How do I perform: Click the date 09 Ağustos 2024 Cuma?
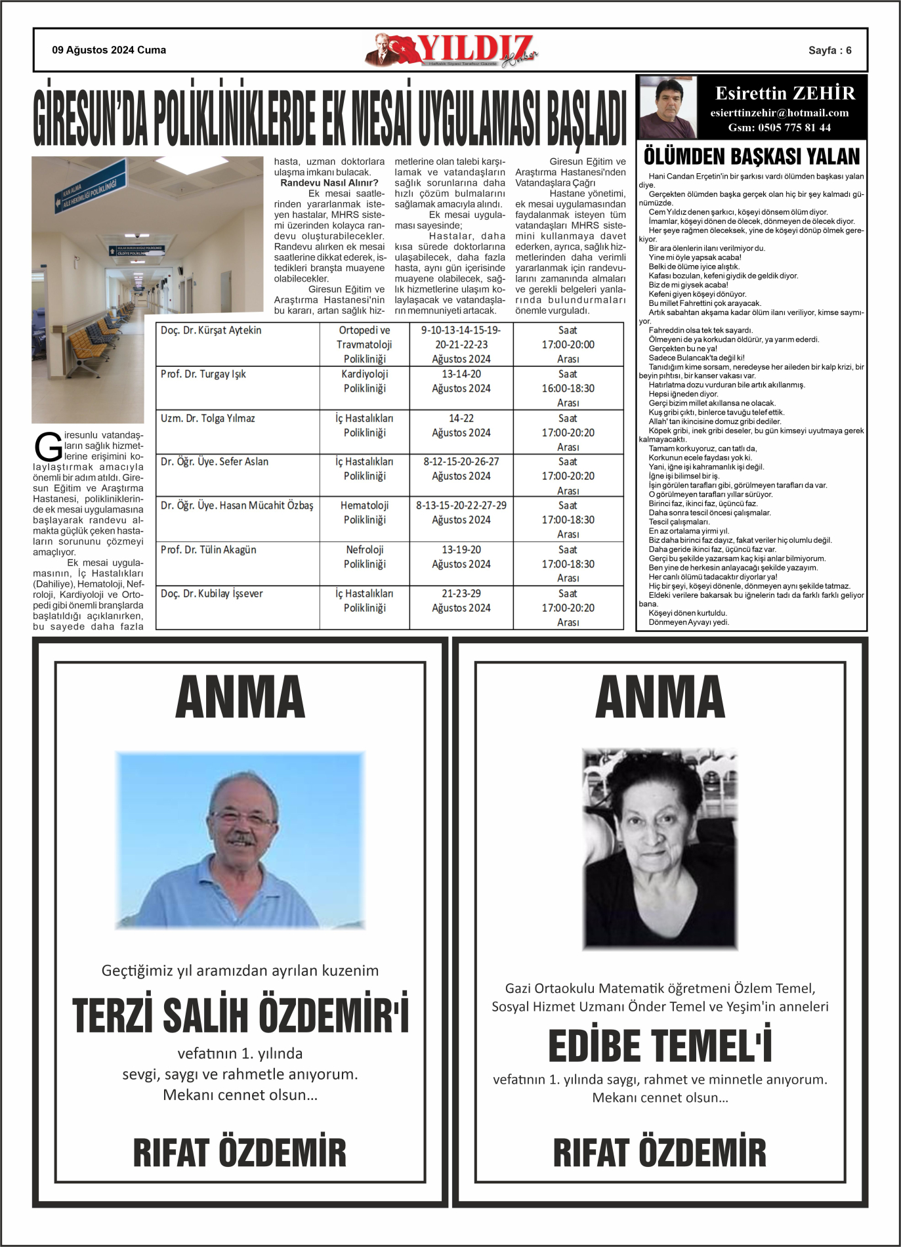click(109, 50)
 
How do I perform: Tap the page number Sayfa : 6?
click(829, 51)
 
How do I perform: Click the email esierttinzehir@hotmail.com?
click(779, 113)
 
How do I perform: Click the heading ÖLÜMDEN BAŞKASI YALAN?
click(751, 157)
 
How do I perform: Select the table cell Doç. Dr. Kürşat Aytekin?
click(211, 330)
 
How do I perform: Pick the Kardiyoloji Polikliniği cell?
click(364, 381)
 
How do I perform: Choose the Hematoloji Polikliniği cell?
click(364, 513)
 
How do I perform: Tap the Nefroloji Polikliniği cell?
click(364, 557)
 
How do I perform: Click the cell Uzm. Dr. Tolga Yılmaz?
click(207, 418)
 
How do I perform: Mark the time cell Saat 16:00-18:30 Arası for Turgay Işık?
click(568, 388)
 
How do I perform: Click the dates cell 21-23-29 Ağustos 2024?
click(461, 601)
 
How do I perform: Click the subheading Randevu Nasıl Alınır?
click(329, 183)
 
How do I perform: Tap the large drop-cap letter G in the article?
click(48, 448)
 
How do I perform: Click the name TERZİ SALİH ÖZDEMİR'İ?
click(240, 1016)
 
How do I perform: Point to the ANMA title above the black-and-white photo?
click(660, 697)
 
